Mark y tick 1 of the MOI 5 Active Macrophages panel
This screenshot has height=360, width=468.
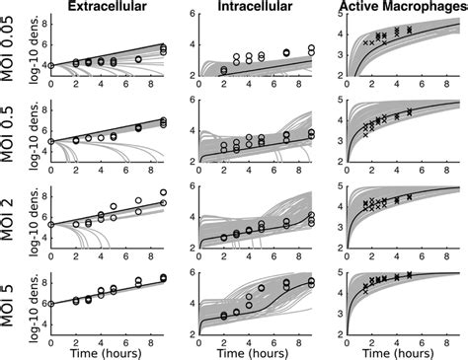point(339,318)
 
